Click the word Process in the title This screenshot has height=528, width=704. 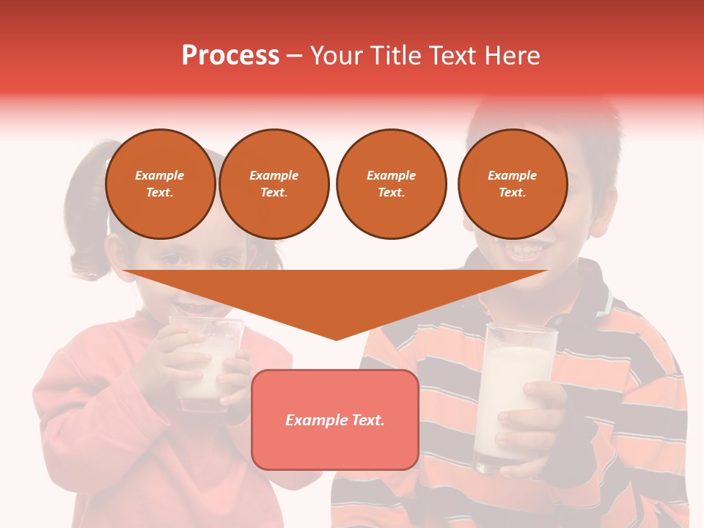point(230,56)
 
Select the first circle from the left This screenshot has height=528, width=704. point(160,184)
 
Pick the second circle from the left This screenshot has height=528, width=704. point(274,184)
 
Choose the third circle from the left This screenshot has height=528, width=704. point(391,184)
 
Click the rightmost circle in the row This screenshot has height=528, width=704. point(512,184)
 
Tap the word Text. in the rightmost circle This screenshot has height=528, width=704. point(512,193)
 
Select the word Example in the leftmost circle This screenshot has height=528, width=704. point(160,175)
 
